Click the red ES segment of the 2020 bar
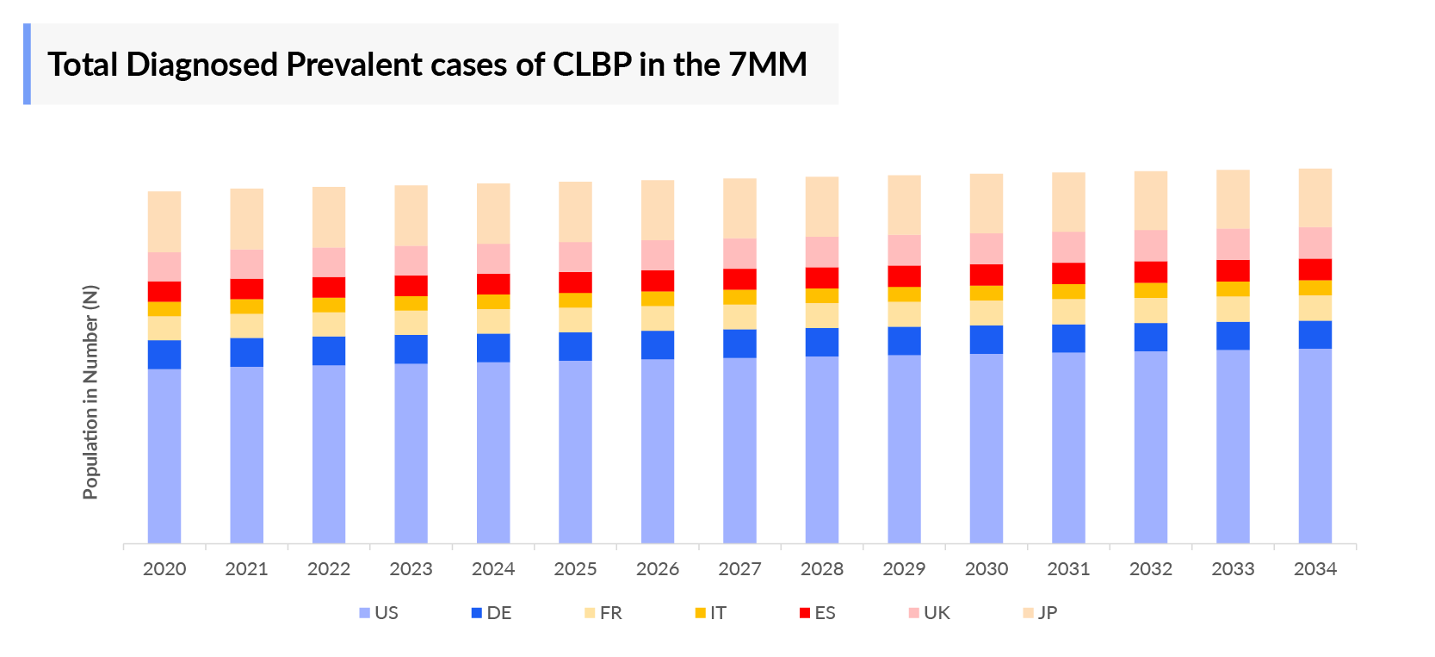[x=164, y=291]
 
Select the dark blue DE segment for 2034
[x=1314, y=334]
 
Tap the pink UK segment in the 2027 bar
[x=739, y=253]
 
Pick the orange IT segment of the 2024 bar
[x=493, y=301]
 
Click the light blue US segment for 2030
[x=986, y=448]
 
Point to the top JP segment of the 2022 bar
[x=329, y=217]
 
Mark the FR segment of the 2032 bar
[x=1150, y=310]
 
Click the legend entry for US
[x=379, y=613]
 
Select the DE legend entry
[x=492, y=613]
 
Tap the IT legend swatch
[x=701, y=613]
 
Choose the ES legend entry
[x=817, y=613]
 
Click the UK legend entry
[x=929, y=613]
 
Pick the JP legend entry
[x=1040, y=613]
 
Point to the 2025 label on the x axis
[x=575, y=569]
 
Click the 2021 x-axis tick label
[x=246, y=569]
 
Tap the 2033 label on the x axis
[x=1233, y=569]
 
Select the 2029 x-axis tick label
[x=904, y=569]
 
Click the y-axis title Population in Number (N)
[x=91, y=392]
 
